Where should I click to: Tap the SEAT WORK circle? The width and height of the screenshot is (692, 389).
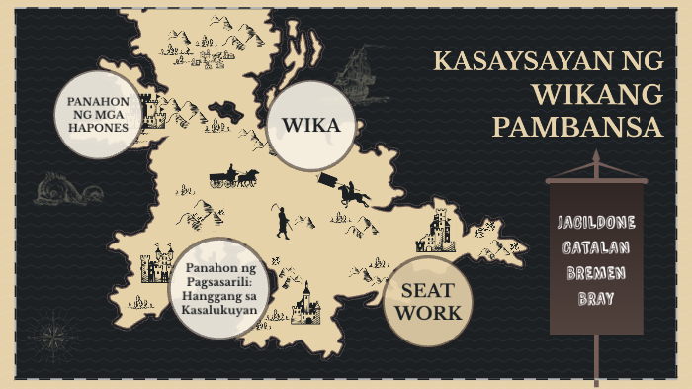pyautogui.click(x=427, y=302)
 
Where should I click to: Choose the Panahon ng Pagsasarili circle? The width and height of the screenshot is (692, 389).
pyautogui.click(x=219, y=288)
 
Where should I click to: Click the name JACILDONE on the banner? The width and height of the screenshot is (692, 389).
pyautogui.click(x=596, y=220)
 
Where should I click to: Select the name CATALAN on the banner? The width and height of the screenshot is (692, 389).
pyautogui.click(x=596, y=245)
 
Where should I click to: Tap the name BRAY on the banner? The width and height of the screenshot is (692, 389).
pyautogui.click(x=596, y=296)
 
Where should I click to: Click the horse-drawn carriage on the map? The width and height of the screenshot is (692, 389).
pyautogui.click(x=233, y=178)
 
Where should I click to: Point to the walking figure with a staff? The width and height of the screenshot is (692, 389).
pyautogui.click(x=282, y=223)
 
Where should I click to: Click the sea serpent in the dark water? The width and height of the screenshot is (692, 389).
pyautogui.click(x=66, y=188)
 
